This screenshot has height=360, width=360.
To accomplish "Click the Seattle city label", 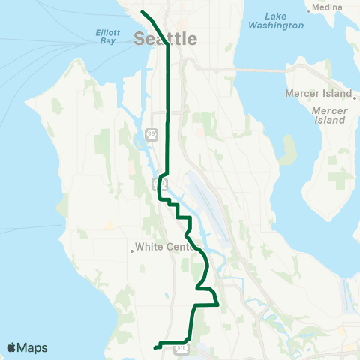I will click(x=166, y=39).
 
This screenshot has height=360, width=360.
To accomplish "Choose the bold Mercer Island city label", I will click(x=318, y=94).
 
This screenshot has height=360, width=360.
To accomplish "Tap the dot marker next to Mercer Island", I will click(x=354, y=95).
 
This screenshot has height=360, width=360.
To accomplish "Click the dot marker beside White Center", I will click(x=132, y=251).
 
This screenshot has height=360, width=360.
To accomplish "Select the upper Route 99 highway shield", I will click(x=152, y=134).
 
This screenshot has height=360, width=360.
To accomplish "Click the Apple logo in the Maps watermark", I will click(x=11, y=347).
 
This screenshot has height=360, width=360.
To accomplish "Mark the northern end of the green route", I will click(x=142, y=11).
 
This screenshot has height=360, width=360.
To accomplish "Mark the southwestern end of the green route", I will click(x=154, y=347).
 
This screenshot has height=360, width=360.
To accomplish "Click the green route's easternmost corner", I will click(x=217, y=304).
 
